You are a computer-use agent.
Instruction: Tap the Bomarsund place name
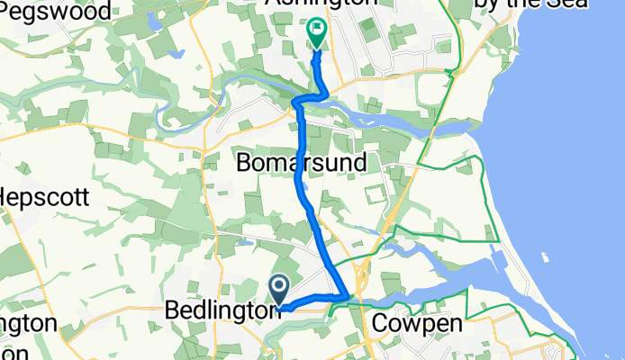point(301,163)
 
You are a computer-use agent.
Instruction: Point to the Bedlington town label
point(221,310)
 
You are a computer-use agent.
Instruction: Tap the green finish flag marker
point(317,32)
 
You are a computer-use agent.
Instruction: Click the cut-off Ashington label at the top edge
point(322,4)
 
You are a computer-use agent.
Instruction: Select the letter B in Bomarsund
point(243,163)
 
